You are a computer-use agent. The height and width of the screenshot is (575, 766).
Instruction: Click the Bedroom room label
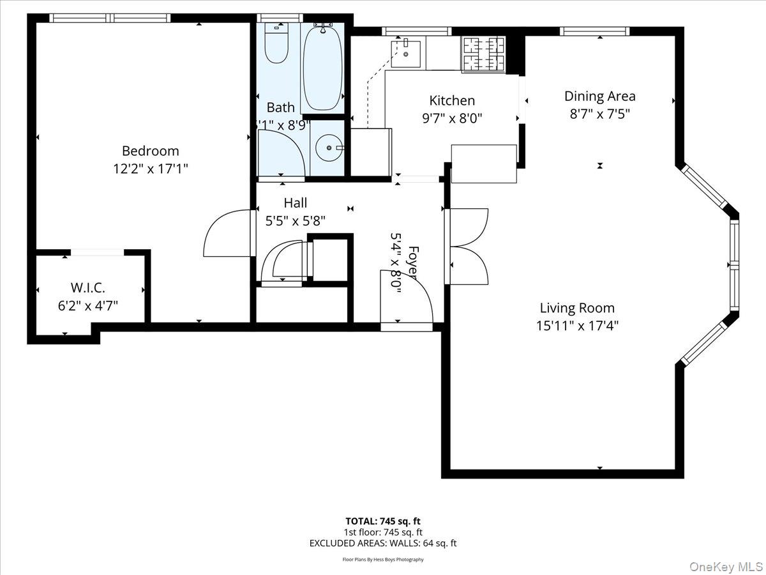tap(150, 151)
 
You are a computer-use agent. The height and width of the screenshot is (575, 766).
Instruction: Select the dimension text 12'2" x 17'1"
tap(150, 169)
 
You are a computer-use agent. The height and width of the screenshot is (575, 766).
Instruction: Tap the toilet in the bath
tap(276, 43)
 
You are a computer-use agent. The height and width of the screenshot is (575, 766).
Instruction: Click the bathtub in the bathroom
tap(323, 67)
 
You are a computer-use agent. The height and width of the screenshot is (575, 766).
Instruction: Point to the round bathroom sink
tap(329, 148)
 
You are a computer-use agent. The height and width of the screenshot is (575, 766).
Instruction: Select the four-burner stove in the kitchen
tap(483, 53)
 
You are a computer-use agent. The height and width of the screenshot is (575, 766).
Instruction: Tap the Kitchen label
tap(452, 100)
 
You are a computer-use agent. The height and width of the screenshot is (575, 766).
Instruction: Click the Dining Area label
tap(599, 96)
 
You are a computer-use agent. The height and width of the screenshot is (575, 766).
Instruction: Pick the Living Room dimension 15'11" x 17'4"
tap(577, 325)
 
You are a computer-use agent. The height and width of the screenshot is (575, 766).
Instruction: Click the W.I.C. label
tap(88, 287)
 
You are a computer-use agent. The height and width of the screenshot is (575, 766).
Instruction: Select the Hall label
tap(295, 203)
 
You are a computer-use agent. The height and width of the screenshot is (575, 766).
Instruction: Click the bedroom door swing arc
tap(227, 233)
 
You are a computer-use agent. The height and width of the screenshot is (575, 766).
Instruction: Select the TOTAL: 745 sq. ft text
tap(383, 521)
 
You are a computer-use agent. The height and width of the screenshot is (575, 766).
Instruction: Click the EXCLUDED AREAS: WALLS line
tap(383, 543)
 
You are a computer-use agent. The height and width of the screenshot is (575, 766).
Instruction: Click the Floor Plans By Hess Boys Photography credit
tap(383, 560)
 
